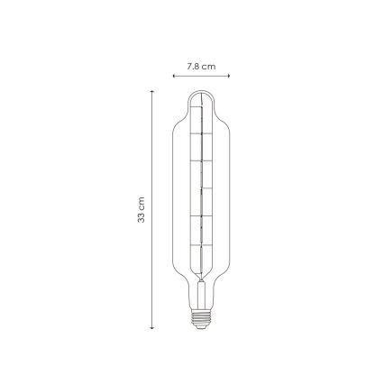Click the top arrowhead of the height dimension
tap(152, 91)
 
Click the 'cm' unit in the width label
tap(207, 66)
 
